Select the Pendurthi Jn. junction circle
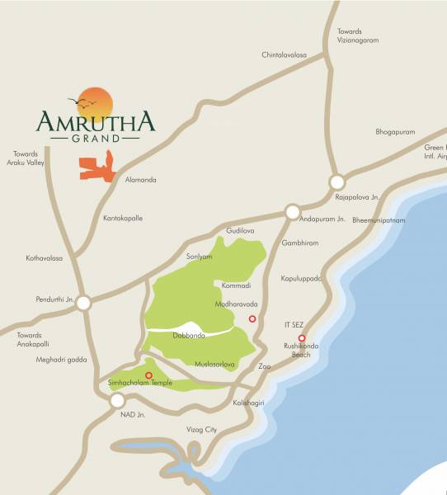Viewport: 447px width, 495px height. click(x=82, y=304)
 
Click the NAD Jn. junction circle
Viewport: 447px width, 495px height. click(x=117, y=401)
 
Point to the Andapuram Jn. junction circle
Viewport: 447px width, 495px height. click(x=292, y=212)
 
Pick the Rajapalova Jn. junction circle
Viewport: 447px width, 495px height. click(x=336, y=182)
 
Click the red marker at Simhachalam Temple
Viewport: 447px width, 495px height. click(x=148, y=375)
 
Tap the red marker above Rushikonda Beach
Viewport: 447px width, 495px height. click(x=302, y=338)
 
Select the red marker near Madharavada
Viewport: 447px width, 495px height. click(x=252, y=318)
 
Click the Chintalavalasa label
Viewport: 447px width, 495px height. click(x=284, y=54)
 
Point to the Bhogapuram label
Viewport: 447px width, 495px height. click(x=395, y=132)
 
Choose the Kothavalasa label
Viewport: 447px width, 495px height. click(x=44, y=258)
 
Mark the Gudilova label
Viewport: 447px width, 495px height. click(x=241, y=232)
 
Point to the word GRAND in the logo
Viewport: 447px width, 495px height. click(x=94, y=139)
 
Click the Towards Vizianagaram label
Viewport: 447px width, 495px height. click(x=356, y=37)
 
